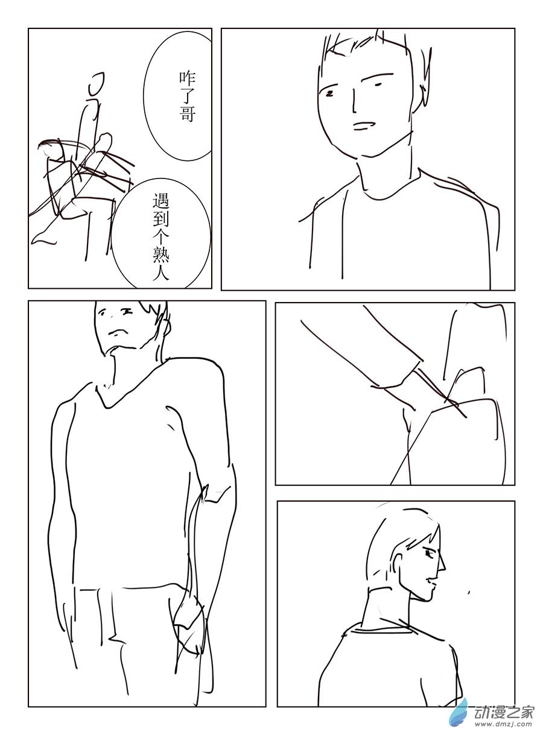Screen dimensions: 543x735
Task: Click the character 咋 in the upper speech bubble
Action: pyautogui.click(x=188, y=78)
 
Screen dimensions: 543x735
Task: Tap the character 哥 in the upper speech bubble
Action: pyautogui.click(x=188, y=115)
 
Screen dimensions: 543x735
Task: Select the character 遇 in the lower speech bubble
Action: pyautogui.click(x=161, y=200)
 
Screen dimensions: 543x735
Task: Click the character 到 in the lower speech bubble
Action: pyautogui.click(x=161, y=219)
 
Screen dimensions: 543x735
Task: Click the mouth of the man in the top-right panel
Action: pyautogui.click(x=364, y=126)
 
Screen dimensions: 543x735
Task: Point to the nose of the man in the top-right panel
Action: pyautogui.click(x=354, y=101)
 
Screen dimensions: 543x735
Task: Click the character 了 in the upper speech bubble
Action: pyautogui.click(x=188, y=96)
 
